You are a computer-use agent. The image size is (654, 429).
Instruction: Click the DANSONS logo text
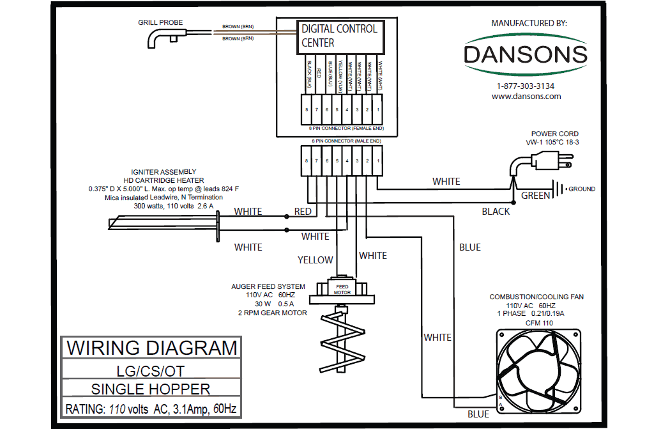(525, 54)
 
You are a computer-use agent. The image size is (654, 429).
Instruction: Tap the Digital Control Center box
(339, 36)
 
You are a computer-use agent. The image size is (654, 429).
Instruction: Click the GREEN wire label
(535, 196)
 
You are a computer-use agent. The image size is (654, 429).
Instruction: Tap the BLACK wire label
(496, 211)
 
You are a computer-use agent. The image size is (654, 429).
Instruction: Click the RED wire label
(303, 212)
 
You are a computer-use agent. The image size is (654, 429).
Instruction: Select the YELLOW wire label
(315, 260)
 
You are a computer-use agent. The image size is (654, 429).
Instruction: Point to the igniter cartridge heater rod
(163, 223)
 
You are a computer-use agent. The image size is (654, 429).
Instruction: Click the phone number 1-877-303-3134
(525, 86)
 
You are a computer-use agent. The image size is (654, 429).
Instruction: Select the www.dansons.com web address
(526, 97)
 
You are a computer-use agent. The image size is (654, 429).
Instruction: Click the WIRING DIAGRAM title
(152, 348)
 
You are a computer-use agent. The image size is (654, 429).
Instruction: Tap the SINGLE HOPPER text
(151, 389)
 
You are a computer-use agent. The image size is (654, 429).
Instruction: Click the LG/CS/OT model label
(151, 370)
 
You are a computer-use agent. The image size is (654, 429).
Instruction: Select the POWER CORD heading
(554, 134)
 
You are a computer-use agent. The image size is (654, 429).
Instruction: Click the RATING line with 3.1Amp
(151, 408)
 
